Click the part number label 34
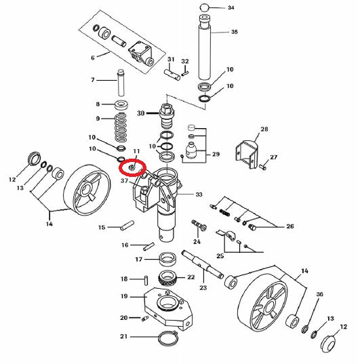click(231, 7)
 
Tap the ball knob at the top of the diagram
click(204, 7)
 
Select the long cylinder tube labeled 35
click(205, 48)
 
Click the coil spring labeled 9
click(121, 127)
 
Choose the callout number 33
click(199, 194)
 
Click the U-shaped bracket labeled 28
click(247, 153)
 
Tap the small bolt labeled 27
click(263, 167)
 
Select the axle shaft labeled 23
click(203, 264)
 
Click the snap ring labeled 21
click(167, 338)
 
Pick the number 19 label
click(124, 296)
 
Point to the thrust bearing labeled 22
click(167, 278)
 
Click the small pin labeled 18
click(146, 280)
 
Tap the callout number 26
click(290, 226)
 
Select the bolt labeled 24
click(199, 225)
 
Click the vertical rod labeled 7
click(121, 83)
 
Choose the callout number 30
click(141, 113)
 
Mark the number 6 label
click(93, 58)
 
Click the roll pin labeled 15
click(127, 225)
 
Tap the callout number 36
click(320, 294)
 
